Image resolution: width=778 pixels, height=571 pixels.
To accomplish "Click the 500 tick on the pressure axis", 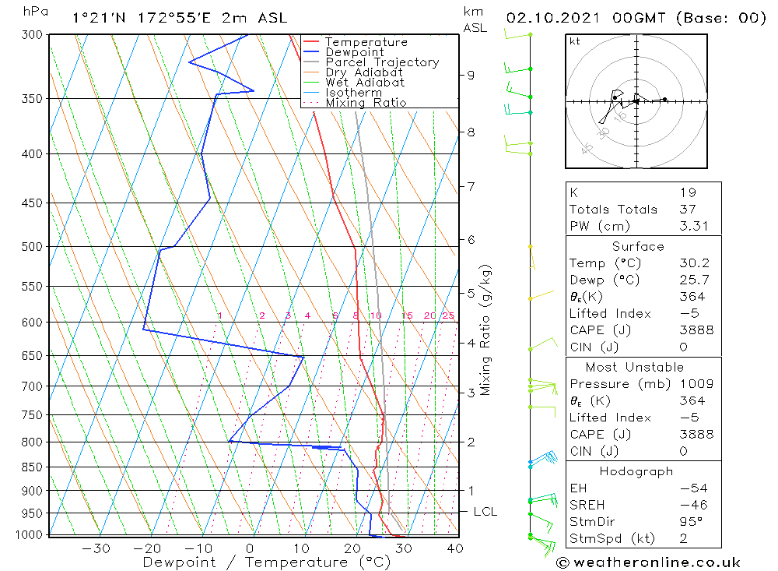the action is tap(32, 246).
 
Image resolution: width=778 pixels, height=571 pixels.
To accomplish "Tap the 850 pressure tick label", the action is tap(32, 467).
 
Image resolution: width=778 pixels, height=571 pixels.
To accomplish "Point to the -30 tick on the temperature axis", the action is tap(96, 548).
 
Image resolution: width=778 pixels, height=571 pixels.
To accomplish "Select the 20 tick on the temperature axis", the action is tap(352, 548).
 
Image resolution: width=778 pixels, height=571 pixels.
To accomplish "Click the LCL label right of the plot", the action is tap(485, 511).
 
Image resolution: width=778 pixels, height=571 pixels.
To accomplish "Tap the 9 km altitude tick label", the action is tap(471, 75).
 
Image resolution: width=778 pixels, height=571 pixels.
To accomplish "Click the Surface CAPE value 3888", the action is tap(696, 330).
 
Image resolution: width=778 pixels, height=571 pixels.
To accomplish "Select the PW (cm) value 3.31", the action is tap(694, 226).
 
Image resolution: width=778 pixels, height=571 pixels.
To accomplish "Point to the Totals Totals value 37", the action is tap(688, 210).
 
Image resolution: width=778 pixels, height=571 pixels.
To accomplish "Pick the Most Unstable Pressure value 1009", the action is tap(696, 383).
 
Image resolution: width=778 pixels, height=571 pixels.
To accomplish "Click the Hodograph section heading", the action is tap(636, 471).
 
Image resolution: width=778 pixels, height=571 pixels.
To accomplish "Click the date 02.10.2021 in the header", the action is tap(552, 18).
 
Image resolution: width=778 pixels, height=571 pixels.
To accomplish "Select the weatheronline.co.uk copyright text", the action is tap(648, 562).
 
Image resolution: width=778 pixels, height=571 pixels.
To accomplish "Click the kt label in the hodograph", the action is tap(575, 41).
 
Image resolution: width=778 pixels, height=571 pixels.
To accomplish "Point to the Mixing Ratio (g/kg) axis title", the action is tap(485, 330).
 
